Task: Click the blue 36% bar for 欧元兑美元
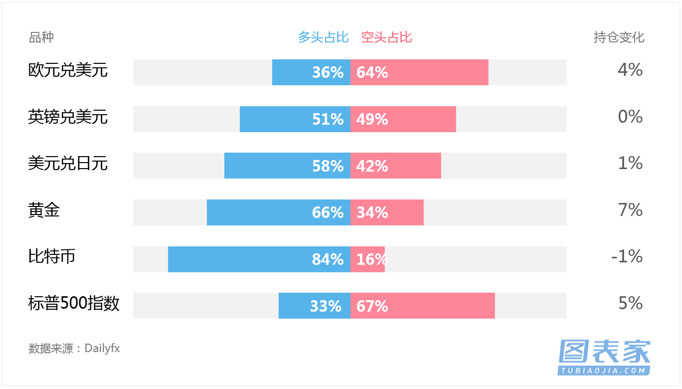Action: (311, 72)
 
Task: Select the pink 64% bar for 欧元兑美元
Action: (419, 72)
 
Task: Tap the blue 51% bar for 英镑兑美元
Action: (295, 119)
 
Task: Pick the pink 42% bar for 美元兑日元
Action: (395, 166)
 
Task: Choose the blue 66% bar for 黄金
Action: (279, 212)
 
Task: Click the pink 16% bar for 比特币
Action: (367, 259)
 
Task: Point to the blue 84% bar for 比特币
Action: (259, 259)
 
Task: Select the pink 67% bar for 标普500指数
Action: (423, 306)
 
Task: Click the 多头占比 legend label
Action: (323, 37)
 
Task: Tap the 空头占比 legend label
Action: (386, 37)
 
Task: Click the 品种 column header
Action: (41, 37)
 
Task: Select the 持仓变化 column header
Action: (619, 37)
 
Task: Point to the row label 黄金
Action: (44, 210)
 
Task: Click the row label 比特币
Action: (52, 256)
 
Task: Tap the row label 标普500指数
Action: (74, 303)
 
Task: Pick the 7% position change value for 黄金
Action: (630, 210)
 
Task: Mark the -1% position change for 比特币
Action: (627, 256)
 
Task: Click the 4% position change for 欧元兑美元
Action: (630, 70)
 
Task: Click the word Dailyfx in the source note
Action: (102, 348)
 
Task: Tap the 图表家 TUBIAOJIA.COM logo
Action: (604, 357)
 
